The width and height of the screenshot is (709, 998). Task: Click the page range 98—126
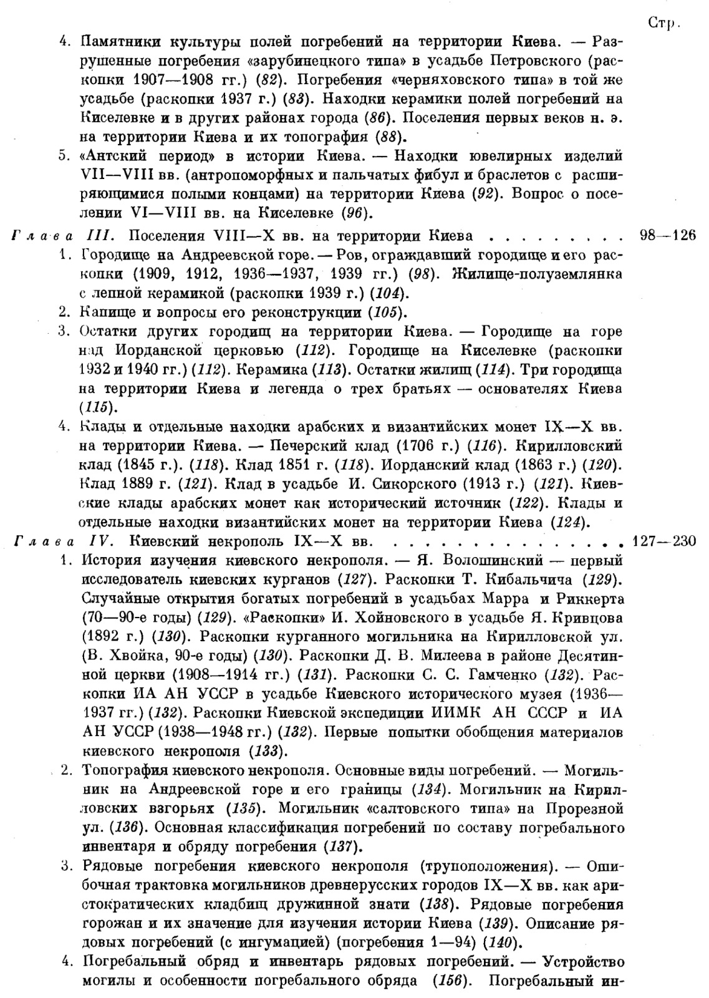point(667,236)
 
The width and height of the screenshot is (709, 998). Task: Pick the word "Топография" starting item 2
point(123,769)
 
